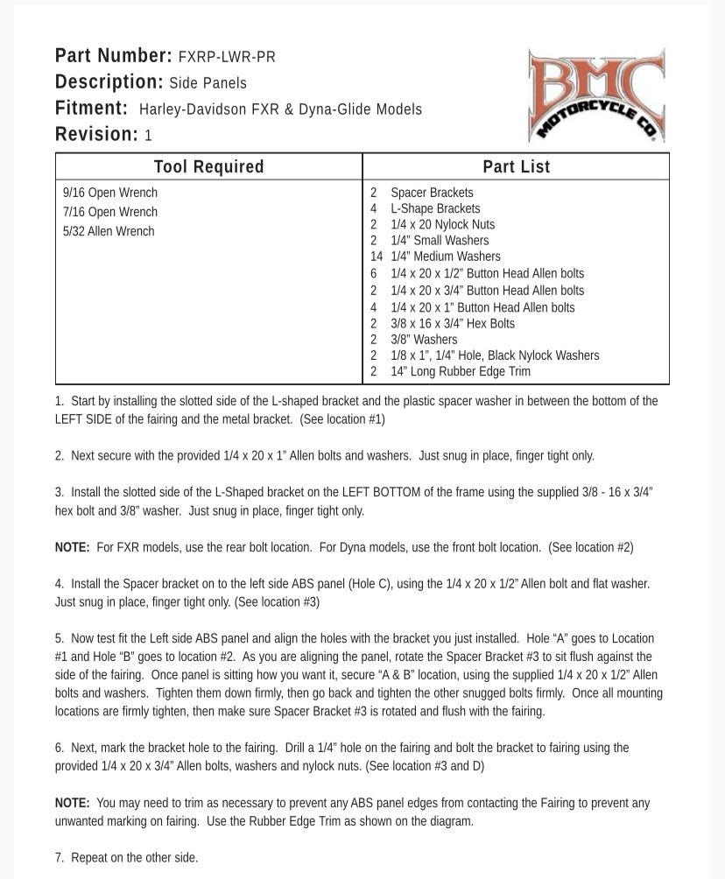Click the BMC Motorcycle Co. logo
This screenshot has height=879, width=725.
(596, 95)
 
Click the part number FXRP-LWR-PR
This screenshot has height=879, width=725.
(227, 57)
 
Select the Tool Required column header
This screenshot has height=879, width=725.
(208, 166)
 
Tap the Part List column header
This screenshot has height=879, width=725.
(516, 166)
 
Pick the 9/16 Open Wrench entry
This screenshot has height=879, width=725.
(110, 193)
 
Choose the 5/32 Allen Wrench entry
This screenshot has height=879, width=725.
(109, 231)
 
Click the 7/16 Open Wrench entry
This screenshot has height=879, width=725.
(110, 212)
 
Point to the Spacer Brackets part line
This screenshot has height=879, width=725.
(431, 193)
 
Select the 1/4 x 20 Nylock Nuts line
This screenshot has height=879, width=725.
(442, 224)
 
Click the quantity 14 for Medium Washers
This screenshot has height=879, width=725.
(377, 257)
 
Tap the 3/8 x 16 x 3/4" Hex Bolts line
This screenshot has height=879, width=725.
(452, 323)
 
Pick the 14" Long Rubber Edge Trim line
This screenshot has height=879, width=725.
(460, 371)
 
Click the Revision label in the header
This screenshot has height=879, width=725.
(96, 135)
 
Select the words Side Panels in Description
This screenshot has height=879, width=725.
(208, 83)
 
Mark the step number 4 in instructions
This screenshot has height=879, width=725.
(59, 583)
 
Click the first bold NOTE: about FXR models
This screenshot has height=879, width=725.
(73, 547)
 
